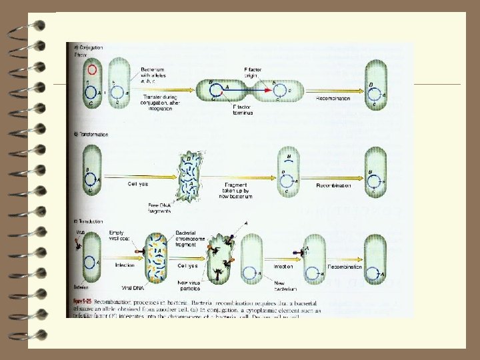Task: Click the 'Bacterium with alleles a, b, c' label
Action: (157, 75)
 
